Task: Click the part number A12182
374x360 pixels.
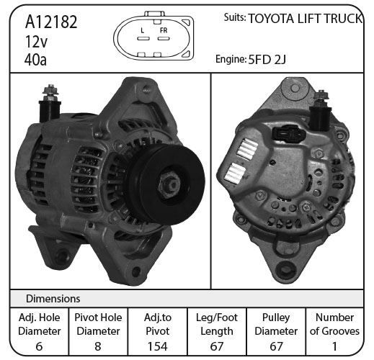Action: click(51, 22)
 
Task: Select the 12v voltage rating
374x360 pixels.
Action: click(36, 41)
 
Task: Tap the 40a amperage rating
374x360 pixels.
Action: click(35, 60)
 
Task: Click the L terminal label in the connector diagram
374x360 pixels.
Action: click(143, 30)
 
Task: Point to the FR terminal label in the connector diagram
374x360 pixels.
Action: click(164, 30)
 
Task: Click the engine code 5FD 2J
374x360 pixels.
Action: click(267, 60)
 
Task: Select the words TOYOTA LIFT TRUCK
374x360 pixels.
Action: click(305, 19)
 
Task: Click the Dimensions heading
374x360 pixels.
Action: click(53, 299)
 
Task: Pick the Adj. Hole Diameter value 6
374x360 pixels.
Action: click(39, 346)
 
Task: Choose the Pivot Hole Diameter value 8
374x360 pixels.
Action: click(98, 346)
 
